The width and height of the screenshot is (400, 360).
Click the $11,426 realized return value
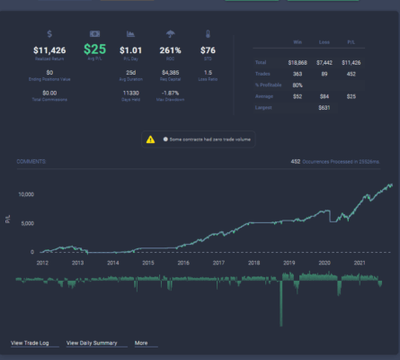49,51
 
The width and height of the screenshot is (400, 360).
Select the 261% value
170,51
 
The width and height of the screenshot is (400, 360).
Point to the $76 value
208,51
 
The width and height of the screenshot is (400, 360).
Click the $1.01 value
130,51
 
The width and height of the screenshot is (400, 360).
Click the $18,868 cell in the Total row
297,63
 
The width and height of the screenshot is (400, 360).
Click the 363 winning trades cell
298,74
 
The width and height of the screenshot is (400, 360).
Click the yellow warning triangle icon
151,139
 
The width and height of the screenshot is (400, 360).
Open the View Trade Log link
30,343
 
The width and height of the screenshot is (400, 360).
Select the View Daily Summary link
93,343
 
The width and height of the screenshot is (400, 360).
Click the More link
141,343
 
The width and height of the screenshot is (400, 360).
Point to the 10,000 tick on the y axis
25,193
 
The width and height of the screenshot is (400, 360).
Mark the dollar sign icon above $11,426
49,34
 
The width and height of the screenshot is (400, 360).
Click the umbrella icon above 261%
170,34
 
